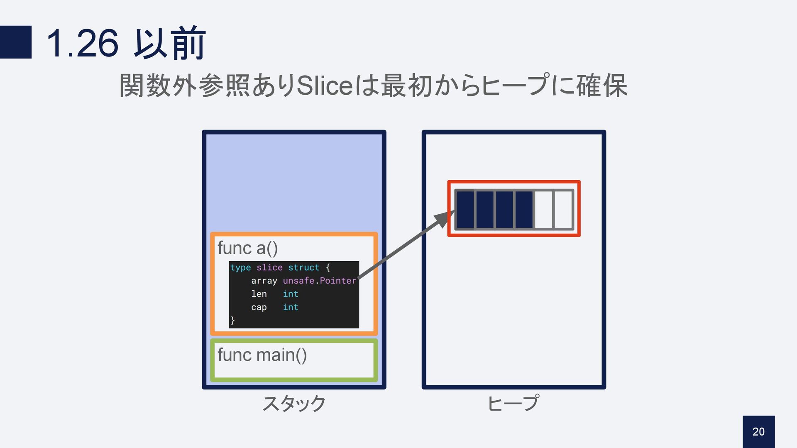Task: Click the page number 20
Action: click(758, 432)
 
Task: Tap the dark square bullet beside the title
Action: click(16, 42)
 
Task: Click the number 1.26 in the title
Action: click(83, 43)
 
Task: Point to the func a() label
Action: click(247, 248)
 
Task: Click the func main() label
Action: click(262, 355)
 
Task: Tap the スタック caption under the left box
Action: click(294, 403)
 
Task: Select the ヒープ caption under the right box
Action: click(513, 403)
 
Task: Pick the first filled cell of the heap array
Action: click(465, 209)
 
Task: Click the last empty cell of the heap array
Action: click(564, 209)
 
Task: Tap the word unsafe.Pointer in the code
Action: click(319, 281)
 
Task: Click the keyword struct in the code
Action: click(303, 267)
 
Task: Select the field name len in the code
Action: click(259, 294)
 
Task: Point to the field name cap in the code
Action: click(259, 307)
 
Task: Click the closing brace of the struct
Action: click(233, 320)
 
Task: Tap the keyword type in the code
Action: click(240, 267)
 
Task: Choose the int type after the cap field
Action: click(291, 307)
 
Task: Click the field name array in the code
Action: click(264, 281)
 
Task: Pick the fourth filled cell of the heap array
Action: click(524, 209)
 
